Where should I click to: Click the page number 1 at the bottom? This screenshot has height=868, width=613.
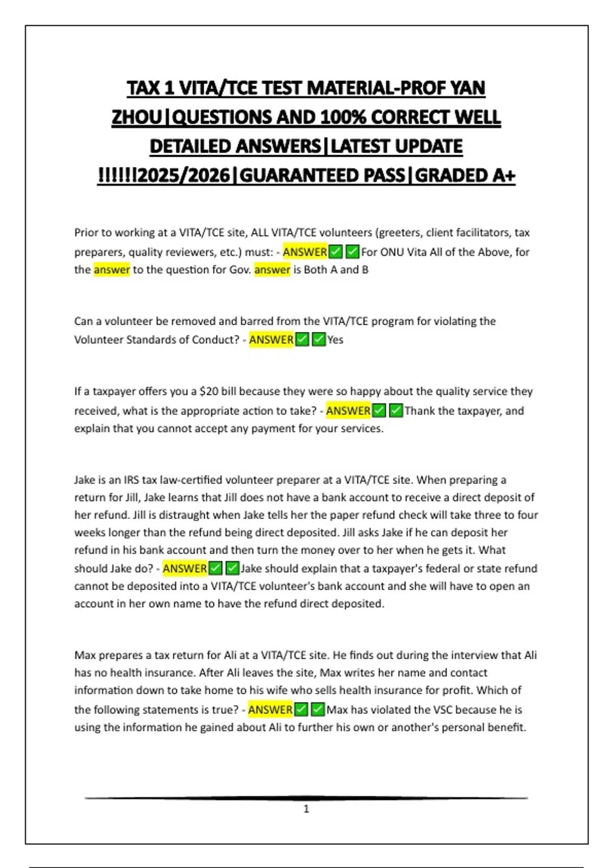coord(306,809)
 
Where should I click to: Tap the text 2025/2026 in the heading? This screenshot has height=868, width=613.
coord(184,176)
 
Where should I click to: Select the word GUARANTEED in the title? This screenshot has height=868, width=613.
coord(322,176)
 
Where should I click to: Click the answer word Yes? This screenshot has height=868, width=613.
coord(335,340)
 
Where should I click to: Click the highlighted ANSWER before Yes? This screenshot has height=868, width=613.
coord(271,340)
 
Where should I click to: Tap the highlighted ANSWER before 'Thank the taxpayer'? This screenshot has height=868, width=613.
coord(348,411)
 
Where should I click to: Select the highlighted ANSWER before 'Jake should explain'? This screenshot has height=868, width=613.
coord(185,568)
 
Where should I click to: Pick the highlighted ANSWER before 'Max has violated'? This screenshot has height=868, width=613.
coord(270,710)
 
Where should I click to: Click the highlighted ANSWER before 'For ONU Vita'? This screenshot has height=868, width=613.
coord(305,252)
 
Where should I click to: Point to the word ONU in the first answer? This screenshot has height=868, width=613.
coord(392,252)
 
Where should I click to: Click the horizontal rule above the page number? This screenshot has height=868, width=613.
coord(306,798)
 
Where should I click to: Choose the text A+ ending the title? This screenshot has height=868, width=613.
coord(504,176)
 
